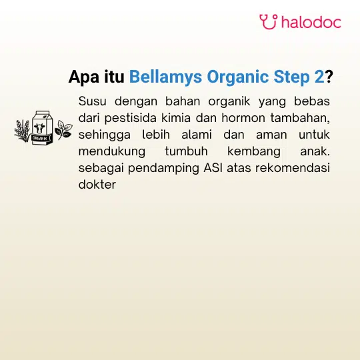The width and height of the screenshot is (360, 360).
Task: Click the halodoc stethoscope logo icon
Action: [x=269, y=22]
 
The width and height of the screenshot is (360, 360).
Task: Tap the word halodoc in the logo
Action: [x=311, y=22]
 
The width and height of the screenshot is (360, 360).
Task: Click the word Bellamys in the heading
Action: [x=165, y=77]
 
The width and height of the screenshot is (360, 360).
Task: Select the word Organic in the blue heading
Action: [x=237, y=77]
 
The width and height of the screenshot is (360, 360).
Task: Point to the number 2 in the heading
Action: [x=319, y=77]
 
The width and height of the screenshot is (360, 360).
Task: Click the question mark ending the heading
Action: [x=329, y=77]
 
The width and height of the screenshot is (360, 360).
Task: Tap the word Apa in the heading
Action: [x=85, y=77]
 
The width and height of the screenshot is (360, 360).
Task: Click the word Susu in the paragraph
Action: [x=92, y=101]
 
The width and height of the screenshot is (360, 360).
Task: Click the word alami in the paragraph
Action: [x=197, y=135]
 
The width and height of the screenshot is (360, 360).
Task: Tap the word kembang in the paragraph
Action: [x=254, y=152]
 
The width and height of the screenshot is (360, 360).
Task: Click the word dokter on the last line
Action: [x=97, y=185]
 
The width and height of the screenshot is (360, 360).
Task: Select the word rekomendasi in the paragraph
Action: [x=293, y=168]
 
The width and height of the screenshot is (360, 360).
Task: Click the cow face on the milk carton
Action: [x=39, y=128]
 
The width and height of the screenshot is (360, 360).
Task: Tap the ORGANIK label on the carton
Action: [x=40, y=139]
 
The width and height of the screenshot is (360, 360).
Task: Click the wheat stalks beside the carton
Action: [x=23, y=131]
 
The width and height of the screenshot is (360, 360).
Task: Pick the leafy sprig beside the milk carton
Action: [x=63, y=129]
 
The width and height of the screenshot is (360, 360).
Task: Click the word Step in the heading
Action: [x=291, y=77]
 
